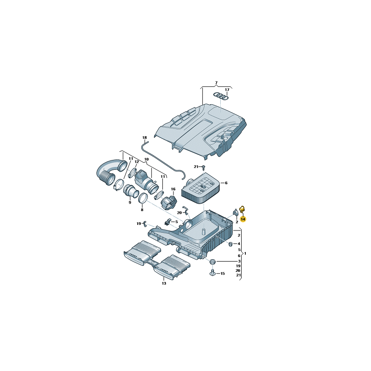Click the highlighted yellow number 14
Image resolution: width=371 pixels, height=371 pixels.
[x=243, y=218]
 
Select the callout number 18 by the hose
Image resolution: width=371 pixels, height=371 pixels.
[x=144, y=138]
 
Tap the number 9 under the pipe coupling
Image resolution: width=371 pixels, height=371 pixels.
[x=130, y=203]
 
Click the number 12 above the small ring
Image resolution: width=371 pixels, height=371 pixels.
[x=137, y=162]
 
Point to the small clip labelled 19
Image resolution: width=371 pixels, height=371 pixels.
[x=145, y=224]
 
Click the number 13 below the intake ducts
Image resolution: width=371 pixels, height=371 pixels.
[x=164, y=283]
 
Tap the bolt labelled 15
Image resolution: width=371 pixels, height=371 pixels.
[x=212, y=273]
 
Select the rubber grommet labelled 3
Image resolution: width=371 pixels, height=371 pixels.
[x=213, y=262]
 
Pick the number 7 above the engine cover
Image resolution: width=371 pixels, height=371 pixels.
[x=216, y=83]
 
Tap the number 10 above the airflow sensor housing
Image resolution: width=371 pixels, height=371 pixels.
[x=146, y=160]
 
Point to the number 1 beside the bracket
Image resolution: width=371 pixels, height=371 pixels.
[x=245, y=254]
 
